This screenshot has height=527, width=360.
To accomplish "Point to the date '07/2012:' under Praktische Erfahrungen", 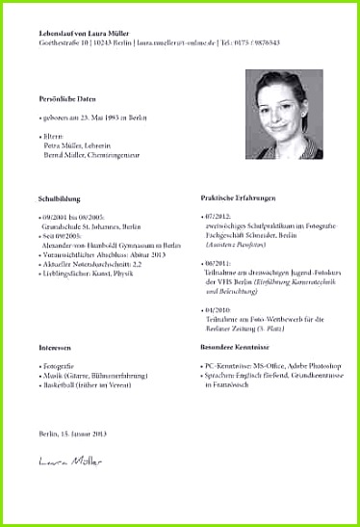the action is [219, 218].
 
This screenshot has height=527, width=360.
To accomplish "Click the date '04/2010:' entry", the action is [219, 308].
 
